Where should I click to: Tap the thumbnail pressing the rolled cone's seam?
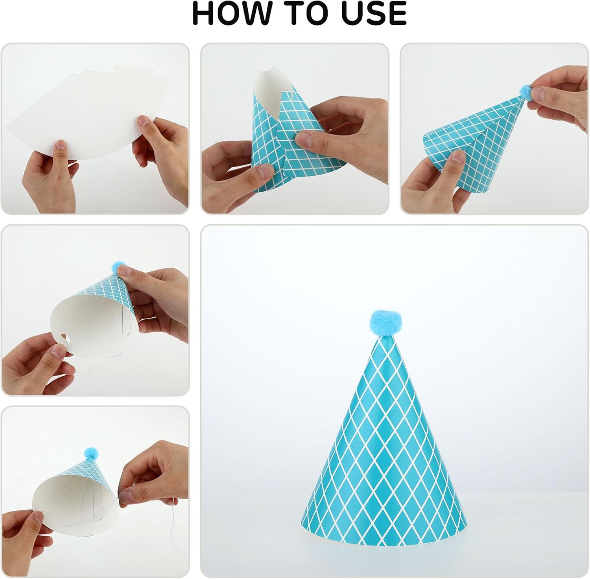[x=303, y=138]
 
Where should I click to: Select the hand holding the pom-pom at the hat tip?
[x=559, y=98]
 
